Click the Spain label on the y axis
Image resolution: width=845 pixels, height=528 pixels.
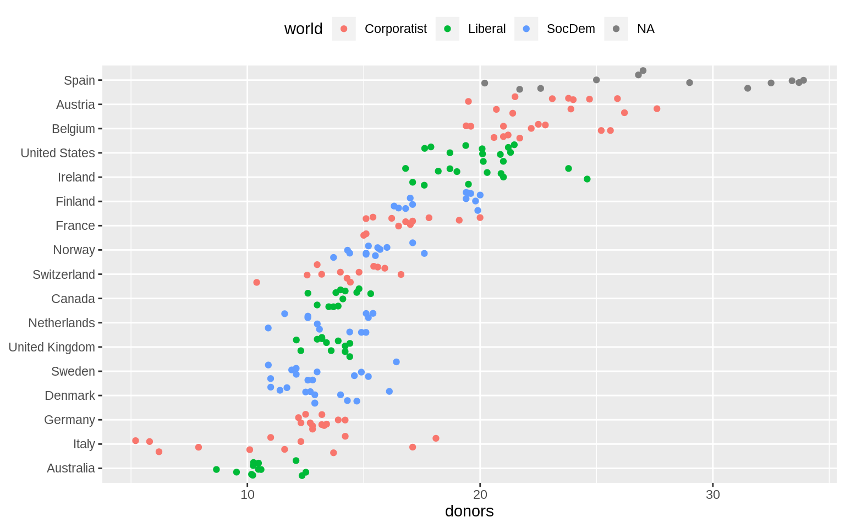pos(79,80)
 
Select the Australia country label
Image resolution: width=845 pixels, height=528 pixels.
pos(70,468)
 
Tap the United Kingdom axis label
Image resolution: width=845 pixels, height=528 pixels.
pos(52,347)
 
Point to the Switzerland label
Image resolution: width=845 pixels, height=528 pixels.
pos(63,274)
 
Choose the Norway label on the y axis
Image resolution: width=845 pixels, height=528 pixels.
pos(74,250)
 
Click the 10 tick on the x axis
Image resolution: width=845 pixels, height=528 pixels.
pos(248,494)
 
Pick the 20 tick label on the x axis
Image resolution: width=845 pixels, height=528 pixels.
pos(480,494)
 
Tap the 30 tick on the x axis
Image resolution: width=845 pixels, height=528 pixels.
pos(713,494)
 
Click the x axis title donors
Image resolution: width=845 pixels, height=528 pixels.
pos(469,512)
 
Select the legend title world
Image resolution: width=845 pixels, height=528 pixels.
pos(303,29)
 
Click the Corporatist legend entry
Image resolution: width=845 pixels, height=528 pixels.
pos(395,29)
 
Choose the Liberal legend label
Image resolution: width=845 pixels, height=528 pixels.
pos(486,29)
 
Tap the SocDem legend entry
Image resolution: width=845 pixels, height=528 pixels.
pos(570,29)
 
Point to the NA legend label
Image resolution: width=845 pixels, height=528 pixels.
pos(645,29)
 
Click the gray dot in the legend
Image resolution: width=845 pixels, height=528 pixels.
pos(616,29)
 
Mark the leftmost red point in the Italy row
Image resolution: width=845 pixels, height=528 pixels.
pos(135,441)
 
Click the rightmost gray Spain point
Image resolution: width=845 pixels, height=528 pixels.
pos(803,80)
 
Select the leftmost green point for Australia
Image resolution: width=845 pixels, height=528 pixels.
pos(216,469)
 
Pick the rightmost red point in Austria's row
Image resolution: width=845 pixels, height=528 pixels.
pos(657,109)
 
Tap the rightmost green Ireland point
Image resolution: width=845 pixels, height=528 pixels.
pos(587,179)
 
